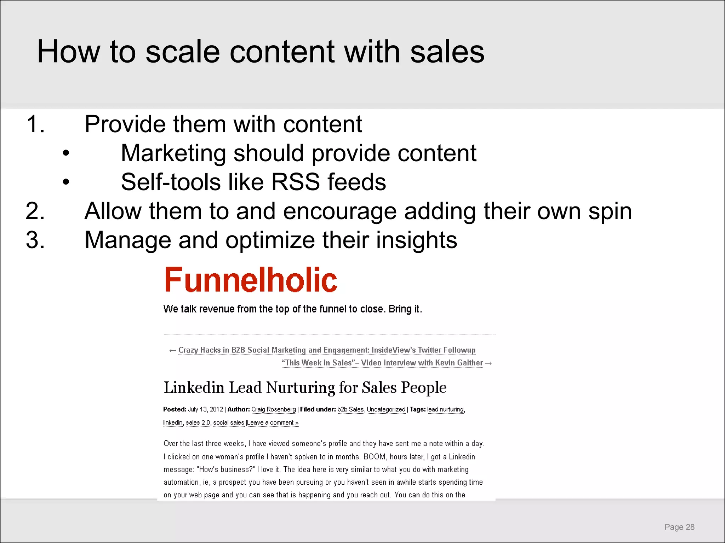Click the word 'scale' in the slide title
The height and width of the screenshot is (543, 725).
pyautogui.click(x=183, y=52)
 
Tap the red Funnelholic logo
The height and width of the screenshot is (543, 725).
pyautogui.click(x=251, y=280)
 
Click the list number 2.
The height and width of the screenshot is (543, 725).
pyautogui.click(x=35, y=211)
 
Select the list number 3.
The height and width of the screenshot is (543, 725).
pyautogui.click(x=35, y=240)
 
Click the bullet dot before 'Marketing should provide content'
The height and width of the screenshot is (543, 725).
pyautogui.click(x=66, y=153)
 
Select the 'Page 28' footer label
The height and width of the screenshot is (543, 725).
pyautogui.click(x=679, y=527)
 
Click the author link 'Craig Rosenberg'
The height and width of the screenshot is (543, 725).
pyautogui.click(x=273, y=409)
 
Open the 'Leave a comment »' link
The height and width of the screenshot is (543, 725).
pyautogui.click(x=273, y=423)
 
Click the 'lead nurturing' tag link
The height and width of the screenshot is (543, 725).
pyautogui.click(x=445, y=409)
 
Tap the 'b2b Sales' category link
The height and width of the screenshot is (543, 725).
pyautogui.click(x=350, y=409)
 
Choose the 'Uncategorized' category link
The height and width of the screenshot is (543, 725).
pyautogui.click(x=386, y=409)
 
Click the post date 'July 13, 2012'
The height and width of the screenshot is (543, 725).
pyautogui.click(x=205, y=409)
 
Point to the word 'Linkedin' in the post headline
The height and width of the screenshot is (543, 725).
pyautogui.click(x=194, y=388)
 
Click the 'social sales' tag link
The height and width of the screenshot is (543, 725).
pyautogui.click(x=229, y=423)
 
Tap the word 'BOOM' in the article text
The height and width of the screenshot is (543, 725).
pyautogui.click(x=375, y=457)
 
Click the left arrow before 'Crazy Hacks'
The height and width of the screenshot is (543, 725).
pyautogui.click(x=172, y=351)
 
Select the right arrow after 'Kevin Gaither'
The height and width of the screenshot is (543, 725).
pyautogui.click(x=489, y=363)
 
